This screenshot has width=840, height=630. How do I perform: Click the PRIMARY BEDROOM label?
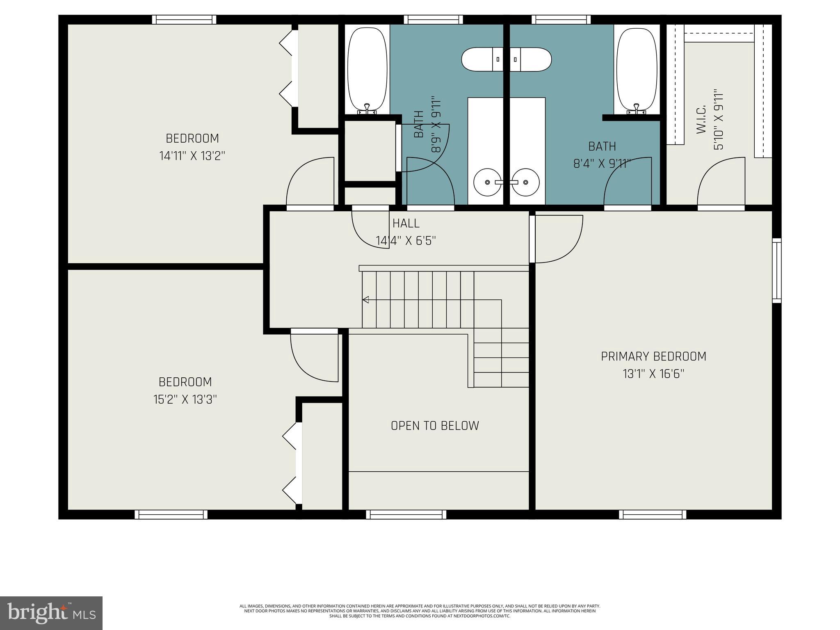click(x=653, y=356)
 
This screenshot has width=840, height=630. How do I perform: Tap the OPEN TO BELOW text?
click(x=435, y=426)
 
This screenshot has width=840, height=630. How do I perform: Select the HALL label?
click(x=406, y=224)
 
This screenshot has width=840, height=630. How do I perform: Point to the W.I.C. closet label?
click(x=701, y=119)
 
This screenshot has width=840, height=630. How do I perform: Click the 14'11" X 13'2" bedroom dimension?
click(x=192, y=156)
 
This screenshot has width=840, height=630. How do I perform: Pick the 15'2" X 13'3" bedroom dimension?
click(x=185, y=399)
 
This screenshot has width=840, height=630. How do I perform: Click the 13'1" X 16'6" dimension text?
click(x=653, y=374)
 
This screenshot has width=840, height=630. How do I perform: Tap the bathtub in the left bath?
click(x=367, y=70)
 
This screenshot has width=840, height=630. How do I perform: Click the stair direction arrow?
click(x=365, y=300)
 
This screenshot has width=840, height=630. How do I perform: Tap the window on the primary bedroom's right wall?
click(x=776, y=271)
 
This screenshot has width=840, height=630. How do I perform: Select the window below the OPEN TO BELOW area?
click(x=406, y=514)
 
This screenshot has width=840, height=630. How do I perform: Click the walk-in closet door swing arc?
click(x=720, y=180)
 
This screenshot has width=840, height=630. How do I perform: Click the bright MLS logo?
click(x=51, y=613)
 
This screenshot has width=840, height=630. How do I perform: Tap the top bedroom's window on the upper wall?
click(x=184, y=19)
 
